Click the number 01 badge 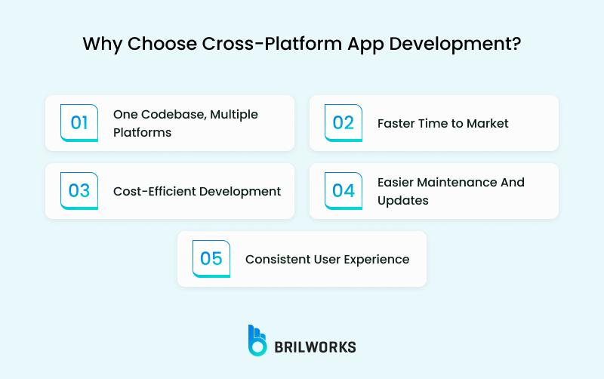pos(79,123)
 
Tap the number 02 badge pos(344,123)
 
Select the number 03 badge pos(79,191)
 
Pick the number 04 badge pos(344,191)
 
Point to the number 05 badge pos(211,259)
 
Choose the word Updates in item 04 pos(403,201)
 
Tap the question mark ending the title pos(516,43)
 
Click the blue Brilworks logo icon pos(257,340)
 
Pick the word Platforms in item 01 pos(143,133)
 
